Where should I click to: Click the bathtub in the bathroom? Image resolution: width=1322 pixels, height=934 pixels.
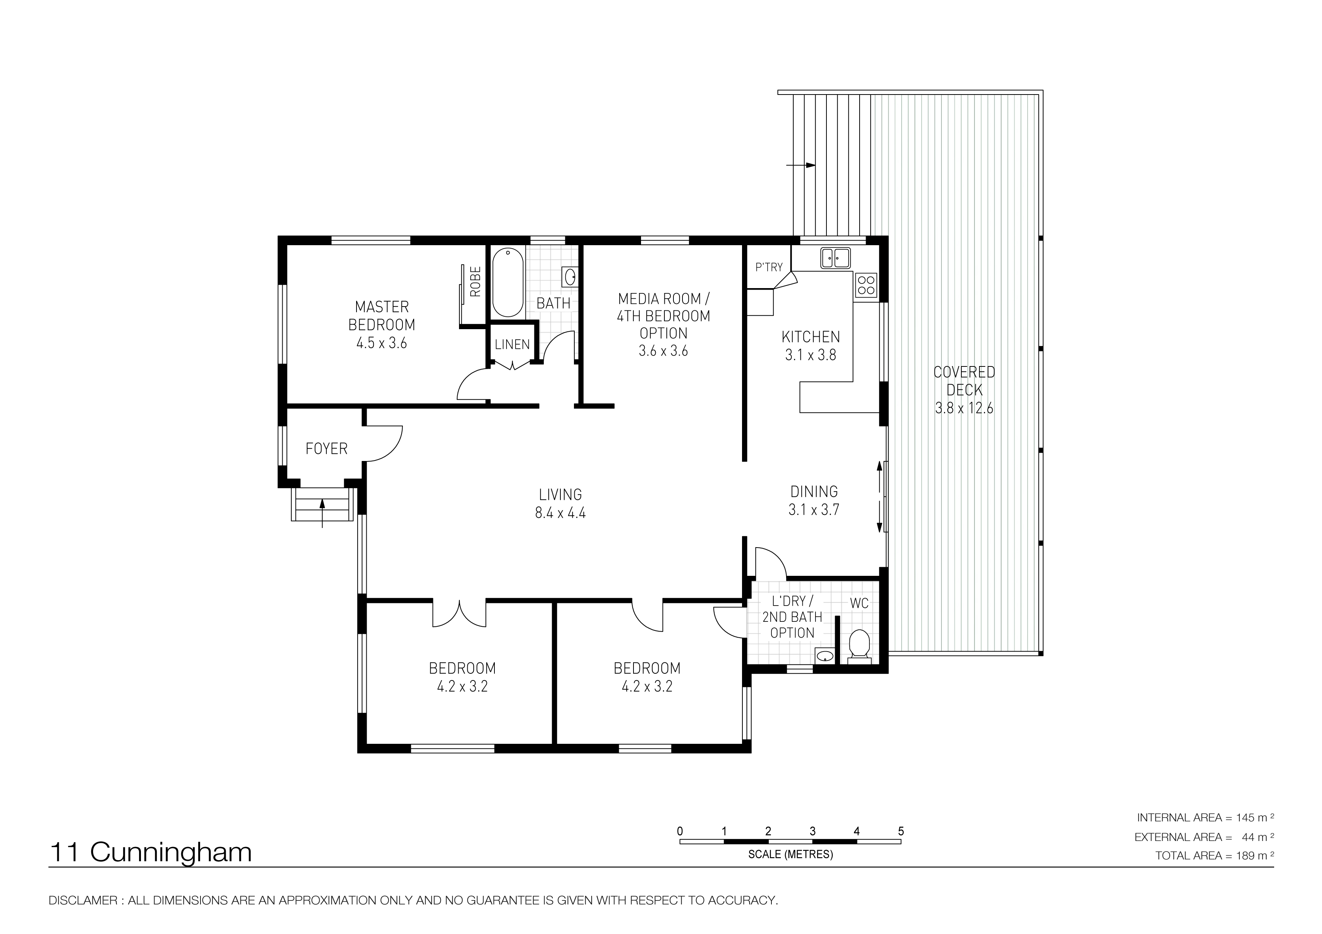click(x=508, y=282)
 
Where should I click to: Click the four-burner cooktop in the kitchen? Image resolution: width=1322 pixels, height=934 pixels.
click(x=866, y=285)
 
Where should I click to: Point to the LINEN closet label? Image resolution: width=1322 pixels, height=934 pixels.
click(x=512, y=345)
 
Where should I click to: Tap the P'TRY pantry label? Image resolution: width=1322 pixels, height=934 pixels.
click(x=769, y=267)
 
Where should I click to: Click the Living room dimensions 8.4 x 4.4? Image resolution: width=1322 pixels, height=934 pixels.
click(x=560, y=513)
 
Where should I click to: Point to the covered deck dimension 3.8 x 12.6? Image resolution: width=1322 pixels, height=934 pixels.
click(x=964, y=408)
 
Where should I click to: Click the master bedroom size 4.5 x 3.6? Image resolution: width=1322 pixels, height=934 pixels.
click(x=382, y=343)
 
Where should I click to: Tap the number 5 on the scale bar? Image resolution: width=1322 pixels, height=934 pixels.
click(x=901, y=831)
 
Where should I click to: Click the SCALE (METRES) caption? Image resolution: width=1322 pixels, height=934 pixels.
click(x=791, y=855)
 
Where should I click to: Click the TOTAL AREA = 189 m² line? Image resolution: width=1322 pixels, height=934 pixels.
click(x=1214, y=856)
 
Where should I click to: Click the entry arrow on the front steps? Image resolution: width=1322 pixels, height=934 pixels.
click(x=323, y=513)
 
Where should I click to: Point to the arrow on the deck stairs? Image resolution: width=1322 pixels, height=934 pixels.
click(x=801, y=165)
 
